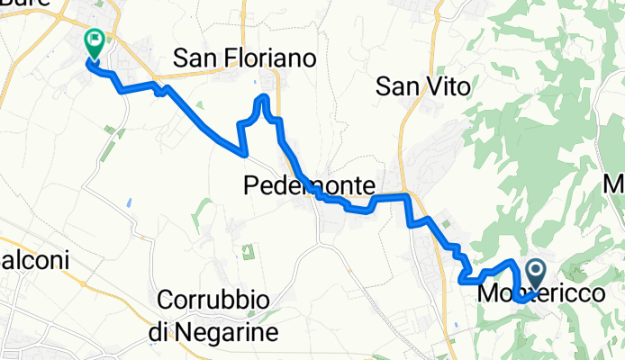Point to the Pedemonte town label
pos(309,186)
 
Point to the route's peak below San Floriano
pos(264,96)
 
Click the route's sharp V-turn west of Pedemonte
pos(244,153)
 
